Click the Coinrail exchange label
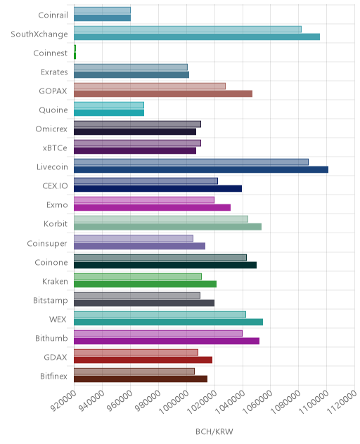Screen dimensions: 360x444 click(x=53, y=15)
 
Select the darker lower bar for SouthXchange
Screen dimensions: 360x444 click(x=197, y=37)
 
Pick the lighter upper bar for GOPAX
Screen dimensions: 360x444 click(x=150, y=86)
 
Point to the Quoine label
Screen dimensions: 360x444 click(x=53, y=110)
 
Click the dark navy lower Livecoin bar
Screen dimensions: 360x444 click(x=201, y=169)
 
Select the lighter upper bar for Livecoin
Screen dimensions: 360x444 click(x=191, y=162)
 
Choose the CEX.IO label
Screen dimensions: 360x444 click(x=55, y=185)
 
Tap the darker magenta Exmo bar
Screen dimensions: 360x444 click(x=152, y=207)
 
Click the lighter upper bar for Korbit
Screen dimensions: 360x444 click(x=161, y=219)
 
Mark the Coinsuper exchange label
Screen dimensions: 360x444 click(x=47, y=244)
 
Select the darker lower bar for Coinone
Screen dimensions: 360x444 click(x=165, y=265)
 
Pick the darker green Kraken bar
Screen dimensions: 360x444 click(x=145, y=284)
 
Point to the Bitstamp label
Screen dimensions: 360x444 click(x=51, y=301)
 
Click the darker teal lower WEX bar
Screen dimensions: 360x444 click(x=168, y=322)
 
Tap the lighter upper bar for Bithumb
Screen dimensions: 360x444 click(x=158, y=333)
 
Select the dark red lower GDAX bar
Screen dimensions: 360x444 click(x=143, y=360)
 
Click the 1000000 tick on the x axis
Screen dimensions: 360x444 click(x=174, y=402)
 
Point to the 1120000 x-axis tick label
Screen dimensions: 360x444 click(x=342, y=402)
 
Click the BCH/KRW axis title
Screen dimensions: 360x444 click(x=214, y=431)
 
